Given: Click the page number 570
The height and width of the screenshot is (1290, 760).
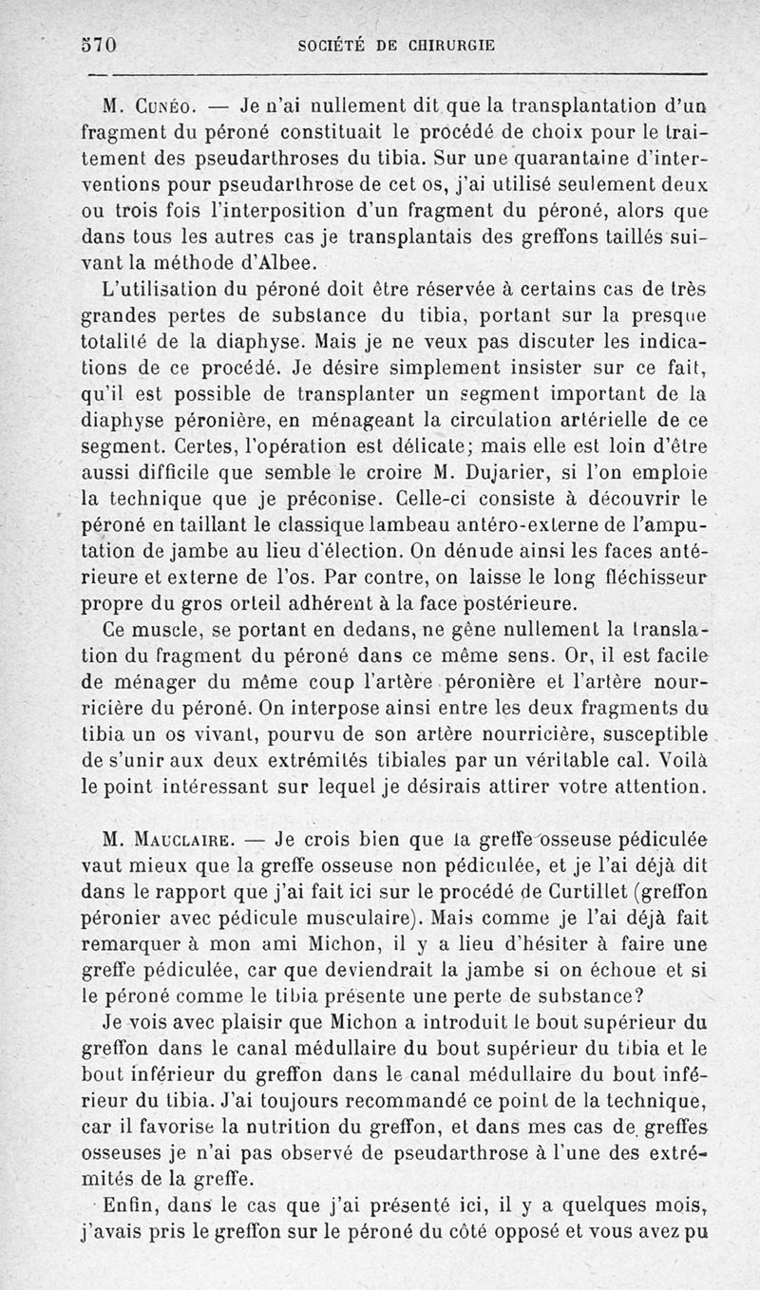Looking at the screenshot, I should tap(99, 45).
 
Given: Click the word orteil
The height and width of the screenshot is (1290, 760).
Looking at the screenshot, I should tap(295, 602).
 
